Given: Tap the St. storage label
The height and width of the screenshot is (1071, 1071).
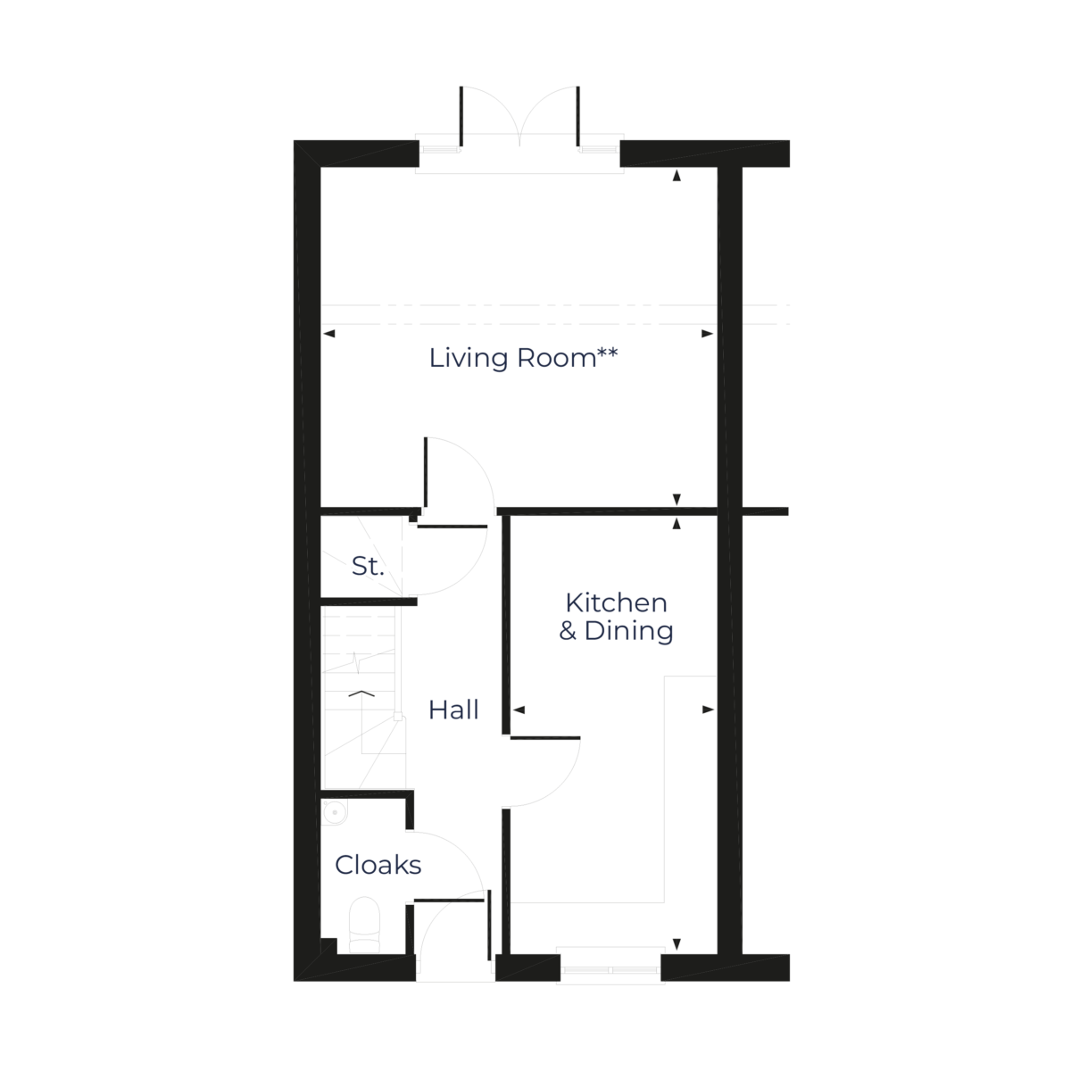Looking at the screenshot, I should [367, 565].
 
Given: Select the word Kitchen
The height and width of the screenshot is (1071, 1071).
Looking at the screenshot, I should [616, 603].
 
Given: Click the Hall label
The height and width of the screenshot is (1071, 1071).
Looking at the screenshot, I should [453, 710].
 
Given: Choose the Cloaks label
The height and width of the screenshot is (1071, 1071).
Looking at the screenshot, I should [378, 864].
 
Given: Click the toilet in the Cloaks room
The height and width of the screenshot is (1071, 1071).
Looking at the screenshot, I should [363, 924].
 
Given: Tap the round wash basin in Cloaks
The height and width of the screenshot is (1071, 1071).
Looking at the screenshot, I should [334, 811].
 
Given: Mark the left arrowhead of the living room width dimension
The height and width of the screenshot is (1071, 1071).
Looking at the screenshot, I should [328, 334].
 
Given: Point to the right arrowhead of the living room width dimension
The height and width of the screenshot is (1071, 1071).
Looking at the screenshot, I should [708, 334].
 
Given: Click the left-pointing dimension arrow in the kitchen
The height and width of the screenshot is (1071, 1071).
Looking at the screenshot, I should [519, 710].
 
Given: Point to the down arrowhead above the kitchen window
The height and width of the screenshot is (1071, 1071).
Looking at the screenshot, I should [677, 944].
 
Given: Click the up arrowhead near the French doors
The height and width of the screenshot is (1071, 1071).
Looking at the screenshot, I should [677, 177].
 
